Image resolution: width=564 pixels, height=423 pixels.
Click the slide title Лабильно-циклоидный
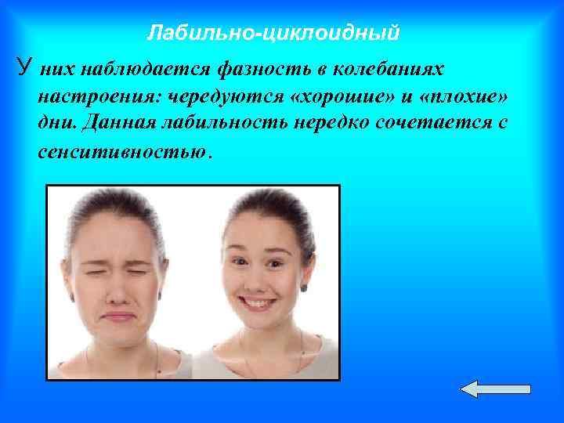click(x=273, y=33)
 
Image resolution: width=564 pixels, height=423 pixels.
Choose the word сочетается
click(x=426, y=123)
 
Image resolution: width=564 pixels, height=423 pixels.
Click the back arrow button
click(x=494, y=389)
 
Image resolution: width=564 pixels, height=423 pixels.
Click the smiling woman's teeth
click(x=263, y=300)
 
